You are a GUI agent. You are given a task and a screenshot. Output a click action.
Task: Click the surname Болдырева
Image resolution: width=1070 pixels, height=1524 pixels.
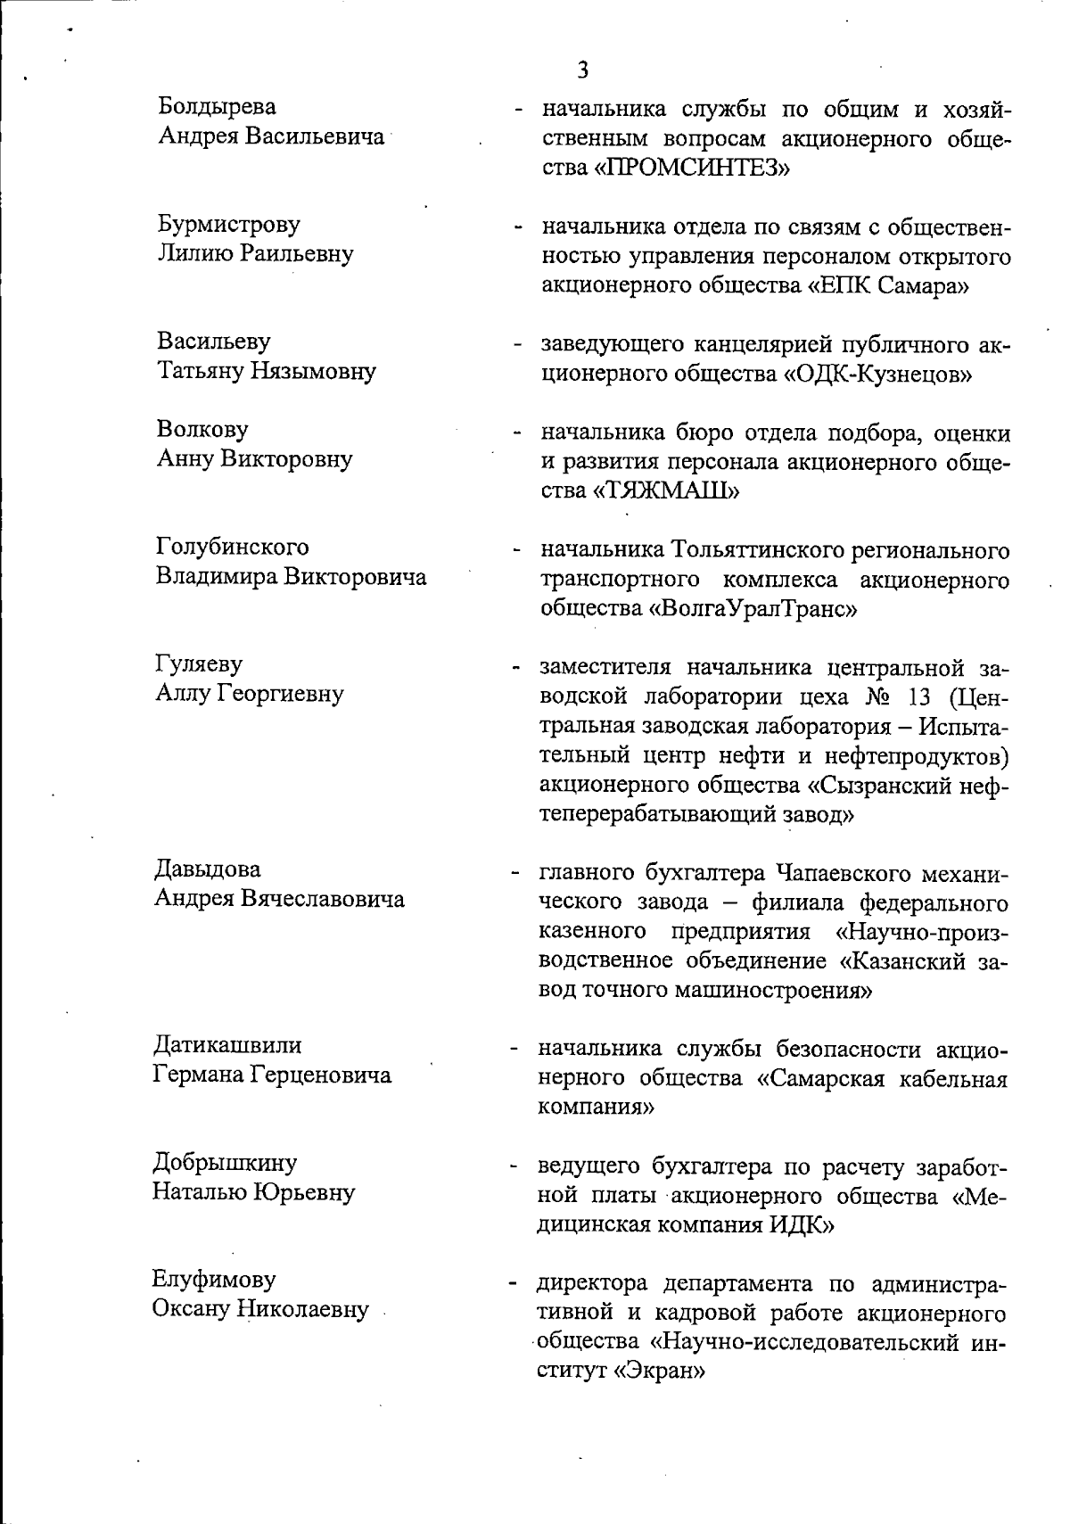(218, 107)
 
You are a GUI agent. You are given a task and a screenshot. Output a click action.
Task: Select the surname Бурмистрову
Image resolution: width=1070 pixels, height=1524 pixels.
(229, 224)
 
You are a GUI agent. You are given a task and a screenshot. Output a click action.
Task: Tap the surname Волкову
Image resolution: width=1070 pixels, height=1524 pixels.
(202, 430)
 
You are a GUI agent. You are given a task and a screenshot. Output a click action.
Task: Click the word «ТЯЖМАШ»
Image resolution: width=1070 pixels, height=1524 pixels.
(667, 491)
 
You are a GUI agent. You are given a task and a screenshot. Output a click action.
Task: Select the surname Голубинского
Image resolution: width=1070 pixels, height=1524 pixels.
(233, 547)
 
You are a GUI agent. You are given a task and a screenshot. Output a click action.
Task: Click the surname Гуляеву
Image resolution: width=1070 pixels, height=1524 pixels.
(199, 664)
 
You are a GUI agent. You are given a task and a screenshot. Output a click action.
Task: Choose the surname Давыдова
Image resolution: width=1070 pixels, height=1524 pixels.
(208, 869)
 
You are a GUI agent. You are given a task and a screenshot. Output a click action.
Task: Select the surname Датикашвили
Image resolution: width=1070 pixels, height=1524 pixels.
(228, 1045)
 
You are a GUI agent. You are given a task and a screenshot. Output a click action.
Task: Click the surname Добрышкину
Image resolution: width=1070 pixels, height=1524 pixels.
(225, 1163)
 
